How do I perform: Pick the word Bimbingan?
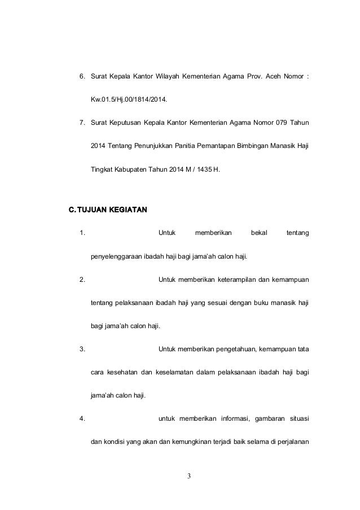pos(249,146)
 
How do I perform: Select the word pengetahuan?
pos(231,347)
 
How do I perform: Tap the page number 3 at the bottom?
pos(189,476)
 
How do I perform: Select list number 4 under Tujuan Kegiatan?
pos(82,419)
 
